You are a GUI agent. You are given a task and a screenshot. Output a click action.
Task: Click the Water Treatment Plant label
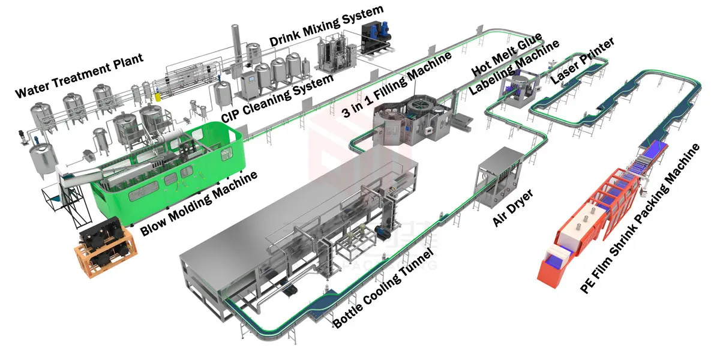click(x=79, y=76)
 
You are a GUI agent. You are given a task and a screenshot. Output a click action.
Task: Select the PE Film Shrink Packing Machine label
click(x=640, y=218)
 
